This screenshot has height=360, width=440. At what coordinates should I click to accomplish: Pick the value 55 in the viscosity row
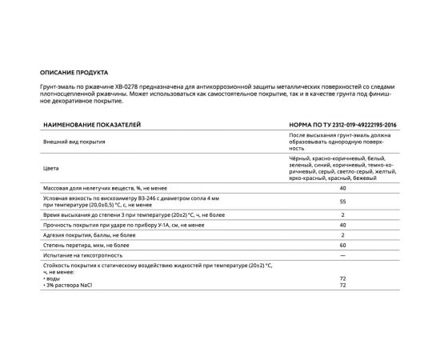pyautogui.click(x=342, y=202)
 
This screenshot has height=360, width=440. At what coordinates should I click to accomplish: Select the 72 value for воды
pyautogui.click(x=342, y=278)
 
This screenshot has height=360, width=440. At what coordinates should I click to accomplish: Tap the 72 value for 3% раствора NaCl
pyautogui.click(x=342, y=285)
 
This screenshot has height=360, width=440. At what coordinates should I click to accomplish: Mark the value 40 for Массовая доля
pyautogui.click(x=342, y=187)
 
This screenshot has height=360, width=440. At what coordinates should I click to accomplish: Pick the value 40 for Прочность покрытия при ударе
pyautogui.click(x=342, y=226)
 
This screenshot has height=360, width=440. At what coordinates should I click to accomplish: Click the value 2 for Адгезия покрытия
pyautogui.click(x=342, y=235)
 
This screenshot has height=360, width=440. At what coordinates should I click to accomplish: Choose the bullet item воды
pyautogui.click(x=53, y=278)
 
